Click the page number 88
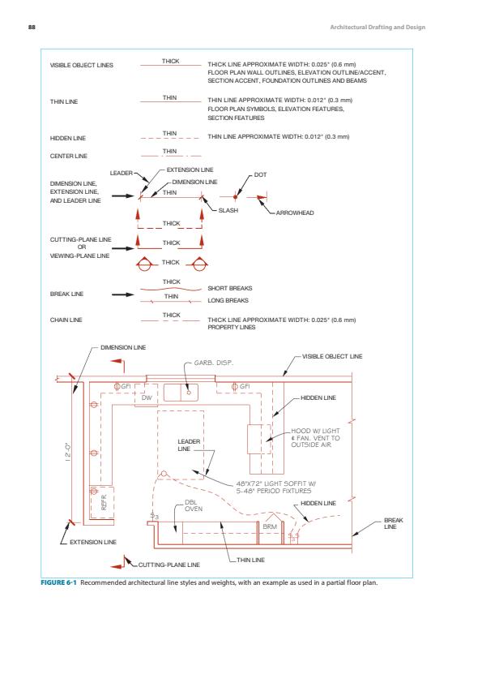click(x=32, y=27)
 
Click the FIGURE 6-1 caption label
click(x=58, y=582)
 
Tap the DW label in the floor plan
click(x=147, y=397)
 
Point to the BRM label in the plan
click(x=270, y=526)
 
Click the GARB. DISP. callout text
click(x=214, y=363)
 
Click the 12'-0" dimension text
click(x=68, y=453)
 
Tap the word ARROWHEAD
click(x=295, y=213)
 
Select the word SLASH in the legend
click(x=228, y=210)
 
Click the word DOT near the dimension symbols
click(x=260, y=174)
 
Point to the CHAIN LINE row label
click(x=66, y=320)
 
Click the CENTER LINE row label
click(x=69, y=156)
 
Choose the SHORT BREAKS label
click(x=230, y=288)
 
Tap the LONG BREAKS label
click(x=228, y=300)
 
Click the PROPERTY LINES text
click(x=232, y=327)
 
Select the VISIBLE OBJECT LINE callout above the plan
click(x=332, y=356)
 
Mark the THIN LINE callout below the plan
click(x=250, y=560)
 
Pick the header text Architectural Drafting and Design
click(x=377, y=27)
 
